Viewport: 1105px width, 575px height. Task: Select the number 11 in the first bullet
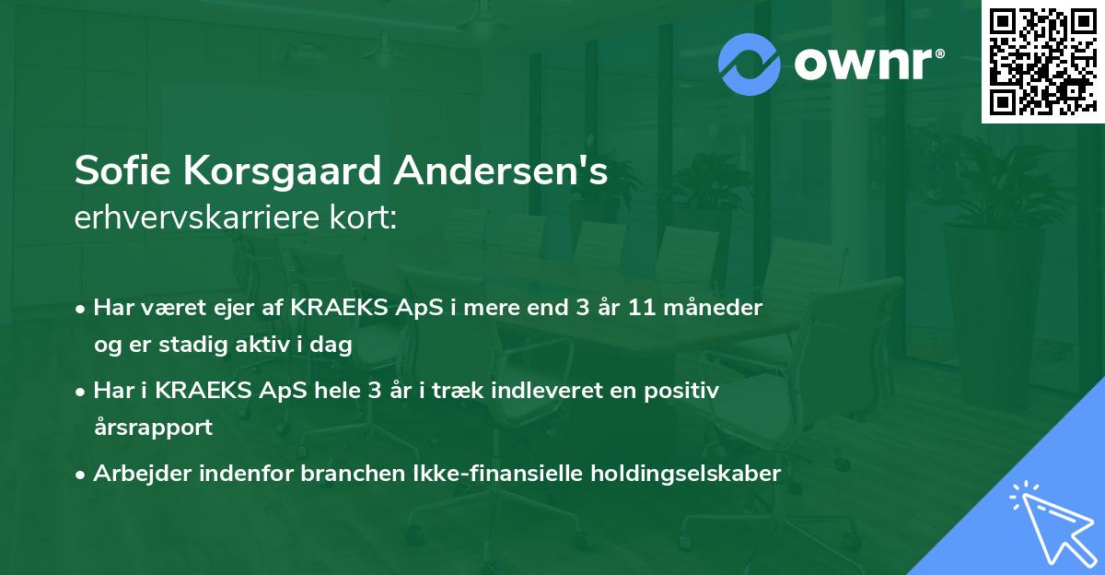(642, 307)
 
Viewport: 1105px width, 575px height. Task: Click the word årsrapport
(153, 428)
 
